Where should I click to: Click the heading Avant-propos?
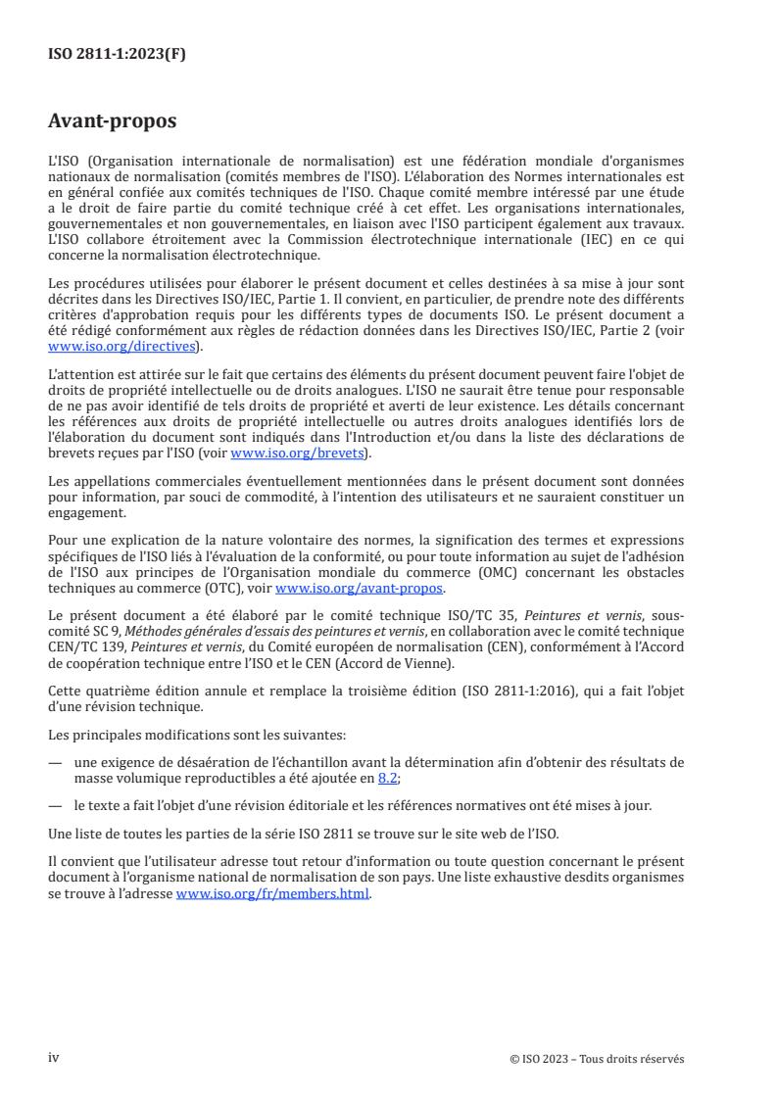click(x=113, y=122)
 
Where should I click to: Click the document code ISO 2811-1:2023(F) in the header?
click(x=117, y=55)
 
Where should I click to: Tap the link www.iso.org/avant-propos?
click(x=360, y=589)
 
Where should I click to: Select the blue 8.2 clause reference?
click(x=388, y=778)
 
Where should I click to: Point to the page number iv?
click(x=54, y=1058)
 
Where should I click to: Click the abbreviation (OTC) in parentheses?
click(x=247, y=589)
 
